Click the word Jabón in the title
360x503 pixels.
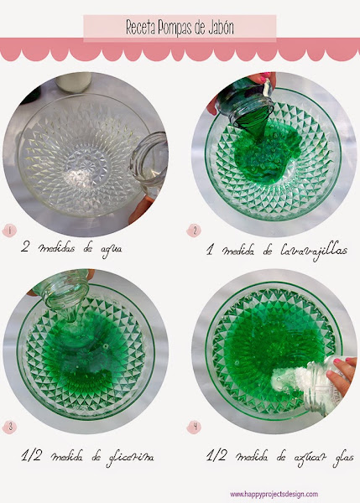pos(219,28)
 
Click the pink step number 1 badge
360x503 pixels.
pos(9,231)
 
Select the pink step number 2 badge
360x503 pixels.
pos(194,231)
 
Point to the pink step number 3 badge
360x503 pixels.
pos(9,427)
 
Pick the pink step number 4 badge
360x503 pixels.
pos(195,427)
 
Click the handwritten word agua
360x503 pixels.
pos(111,249)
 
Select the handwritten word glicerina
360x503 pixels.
pos(130,458)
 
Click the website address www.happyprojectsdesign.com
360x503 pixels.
pos(274,494)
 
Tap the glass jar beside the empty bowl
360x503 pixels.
pos(149,163)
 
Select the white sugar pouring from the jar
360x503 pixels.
pos(289,380)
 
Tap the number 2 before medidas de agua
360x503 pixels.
pos(25,247)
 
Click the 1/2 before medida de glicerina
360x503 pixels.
pos(31,455)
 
